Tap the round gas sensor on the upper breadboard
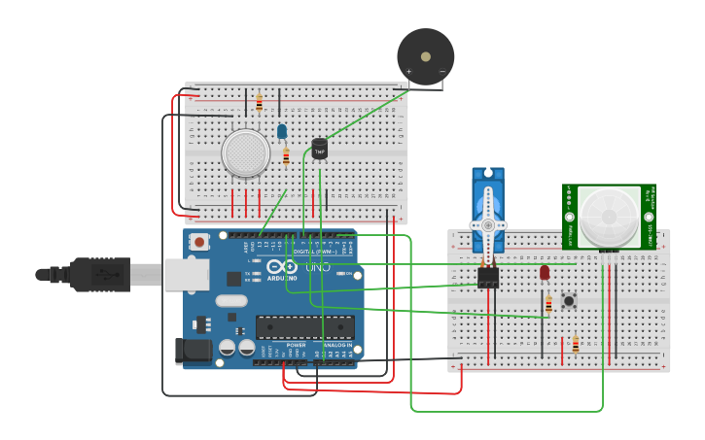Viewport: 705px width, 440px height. [245, 153]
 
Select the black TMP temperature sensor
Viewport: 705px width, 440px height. [319, 149]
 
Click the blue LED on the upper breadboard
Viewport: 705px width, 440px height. [282, 130]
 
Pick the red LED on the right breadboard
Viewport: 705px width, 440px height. [545, 273]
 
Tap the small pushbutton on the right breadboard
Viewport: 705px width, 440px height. [569, 300]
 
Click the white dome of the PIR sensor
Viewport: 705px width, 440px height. [609, 216]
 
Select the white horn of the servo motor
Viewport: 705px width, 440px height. [488, 225]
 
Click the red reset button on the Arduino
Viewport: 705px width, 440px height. [199, 242]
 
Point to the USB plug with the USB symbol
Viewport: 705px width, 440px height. [100, 275]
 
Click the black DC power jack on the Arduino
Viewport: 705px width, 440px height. [193, 351]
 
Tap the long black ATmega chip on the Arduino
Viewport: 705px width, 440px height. [304, 327]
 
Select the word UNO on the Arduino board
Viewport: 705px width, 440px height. [318, 266]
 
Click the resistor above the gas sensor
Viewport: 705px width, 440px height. [259, 101]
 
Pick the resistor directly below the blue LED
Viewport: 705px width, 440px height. [286, 155]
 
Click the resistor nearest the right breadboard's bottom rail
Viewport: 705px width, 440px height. [575, 344]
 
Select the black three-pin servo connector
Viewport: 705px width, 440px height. [488, 277]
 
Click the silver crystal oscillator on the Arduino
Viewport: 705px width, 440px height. [231, 301]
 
